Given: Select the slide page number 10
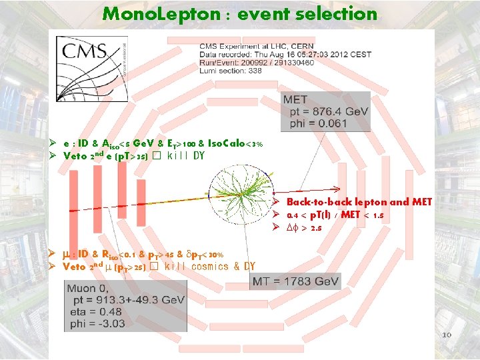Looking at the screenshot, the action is (x=447, y=334).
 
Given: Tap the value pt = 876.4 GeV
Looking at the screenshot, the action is (x=325, y=113).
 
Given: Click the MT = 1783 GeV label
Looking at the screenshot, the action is (x=296, y=282).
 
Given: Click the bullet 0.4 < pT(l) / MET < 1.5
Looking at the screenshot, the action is (x=334, y=215).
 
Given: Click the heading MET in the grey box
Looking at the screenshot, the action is (x=295, y=100).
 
